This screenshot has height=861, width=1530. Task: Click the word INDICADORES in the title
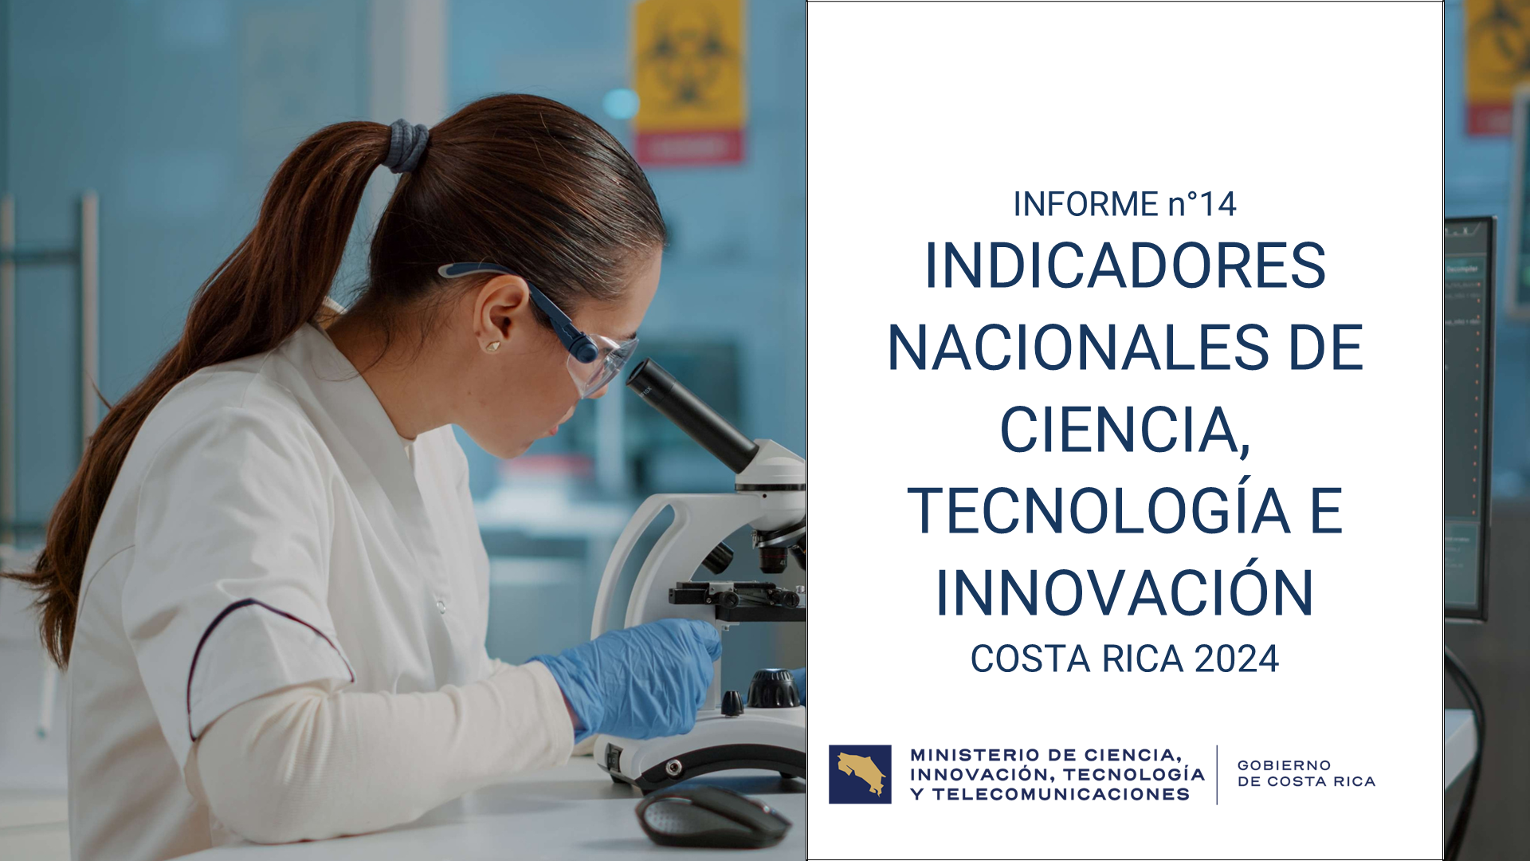(x=1125, y=265)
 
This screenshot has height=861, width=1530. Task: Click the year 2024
(x=1237, y=659)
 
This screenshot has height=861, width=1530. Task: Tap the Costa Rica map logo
(x=860, y=774)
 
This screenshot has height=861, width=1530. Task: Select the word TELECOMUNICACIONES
(x=1061, y=794)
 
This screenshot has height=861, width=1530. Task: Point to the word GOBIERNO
(x=1284, y=765)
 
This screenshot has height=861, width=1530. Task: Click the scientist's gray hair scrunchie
(x=407, y=146)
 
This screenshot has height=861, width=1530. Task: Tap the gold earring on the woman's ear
(x=493, y=345)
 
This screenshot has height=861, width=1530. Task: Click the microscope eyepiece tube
(x=691, y=415)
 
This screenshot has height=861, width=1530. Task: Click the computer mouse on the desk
(x=712, y=816)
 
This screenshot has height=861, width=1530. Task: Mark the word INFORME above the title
(x=1085, y=205)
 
